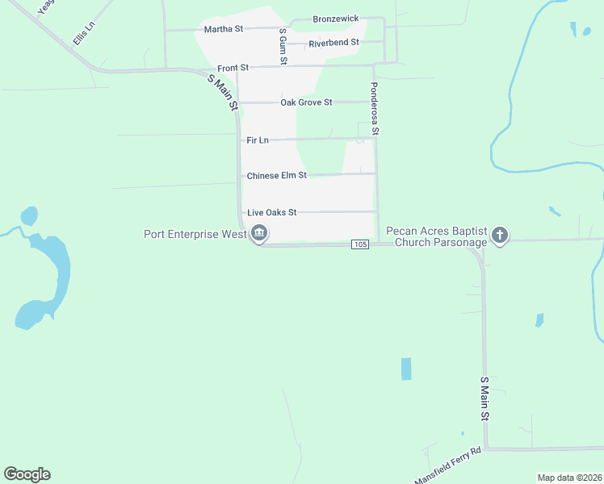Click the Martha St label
(x=224, y=29)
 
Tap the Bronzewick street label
(x=335, y=18)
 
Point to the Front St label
(x=233, y=68)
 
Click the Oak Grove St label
(x=306, y=102)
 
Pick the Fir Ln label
(x=258, y=140)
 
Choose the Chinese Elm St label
(x=276, y=175)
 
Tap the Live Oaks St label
(x=272, y=212)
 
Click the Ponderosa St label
(x=375, y=108)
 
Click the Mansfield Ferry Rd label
(x=447, y=466)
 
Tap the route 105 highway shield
(x=360, y=244)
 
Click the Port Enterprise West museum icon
(x=259, y=235)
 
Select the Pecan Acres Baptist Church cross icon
(x=500, y=236)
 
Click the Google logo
(x=27, y=474)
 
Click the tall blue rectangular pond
(x=405, y=369)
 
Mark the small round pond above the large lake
(x=29, y=216)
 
